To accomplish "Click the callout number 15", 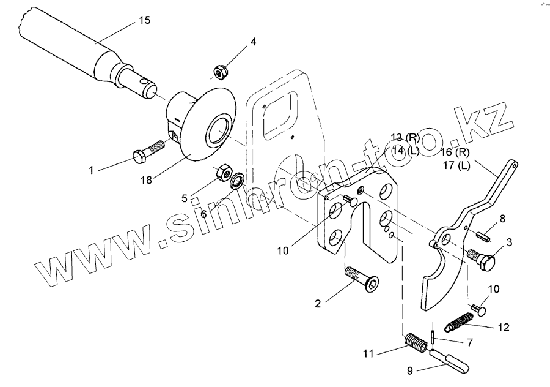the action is coord(144,20).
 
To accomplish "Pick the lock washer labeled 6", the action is coord(237,181).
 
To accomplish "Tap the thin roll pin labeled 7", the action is coord(432,336).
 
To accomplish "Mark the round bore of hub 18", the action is coord(218,131).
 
